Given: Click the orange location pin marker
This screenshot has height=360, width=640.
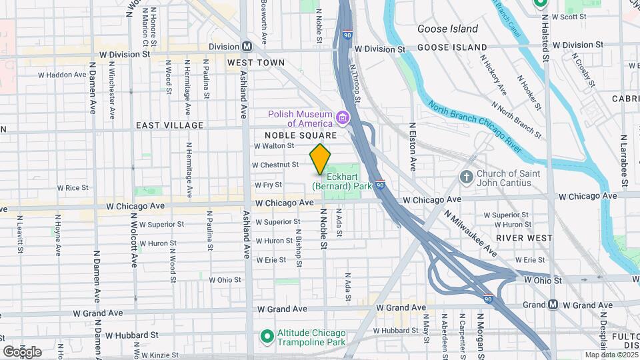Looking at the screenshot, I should [320, 159].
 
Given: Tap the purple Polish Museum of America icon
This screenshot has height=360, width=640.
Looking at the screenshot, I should [343, 119].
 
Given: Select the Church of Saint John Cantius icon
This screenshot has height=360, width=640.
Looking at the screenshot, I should [467, 176].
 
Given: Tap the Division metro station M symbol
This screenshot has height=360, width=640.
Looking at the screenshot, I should [247, 47].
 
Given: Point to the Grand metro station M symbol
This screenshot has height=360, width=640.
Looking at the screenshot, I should [553, 305].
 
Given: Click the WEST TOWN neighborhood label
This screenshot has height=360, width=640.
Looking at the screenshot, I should [256, 63].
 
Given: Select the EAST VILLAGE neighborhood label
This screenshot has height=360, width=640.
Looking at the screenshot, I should [169, 125].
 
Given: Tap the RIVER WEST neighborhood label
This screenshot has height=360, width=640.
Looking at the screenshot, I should [524, 237].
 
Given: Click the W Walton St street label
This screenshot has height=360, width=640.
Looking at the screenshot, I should [273, 145].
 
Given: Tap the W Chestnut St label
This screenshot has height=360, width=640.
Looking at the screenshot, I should [275, 165].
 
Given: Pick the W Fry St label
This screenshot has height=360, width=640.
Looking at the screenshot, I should [269, 185].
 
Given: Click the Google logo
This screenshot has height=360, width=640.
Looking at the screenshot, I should [22, 351].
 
